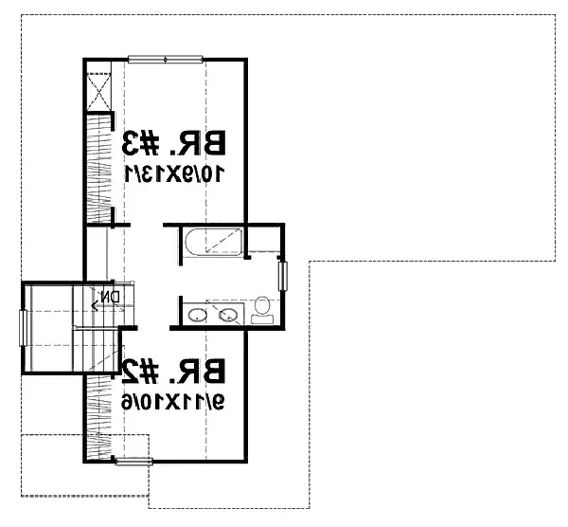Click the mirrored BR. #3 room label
(173, 143)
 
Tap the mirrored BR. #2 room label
(173, 371)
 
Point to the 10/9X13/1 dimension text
(174, 173)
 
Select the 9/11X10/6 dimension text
(173, 402)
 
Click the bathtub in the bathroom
(213, 242)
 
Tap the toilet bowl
(261, 305)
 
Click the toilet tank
(262, 319)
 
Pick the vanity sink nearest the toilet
(227, 315)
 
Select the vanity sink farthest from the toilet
(198, 315)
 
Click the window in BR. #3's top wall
(166, 60)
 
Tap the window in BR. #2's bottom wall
(133, 462)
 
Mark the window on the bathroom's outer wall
(282, 276)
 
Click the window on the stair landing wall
(23, 328)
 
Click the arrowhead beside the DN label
(95, 307)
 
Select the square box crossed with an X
(98, 92)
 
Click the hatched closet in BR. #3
(98, 168)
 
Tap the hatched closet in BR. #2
(98, 417)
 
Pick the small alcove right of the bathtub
(264, 239)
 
